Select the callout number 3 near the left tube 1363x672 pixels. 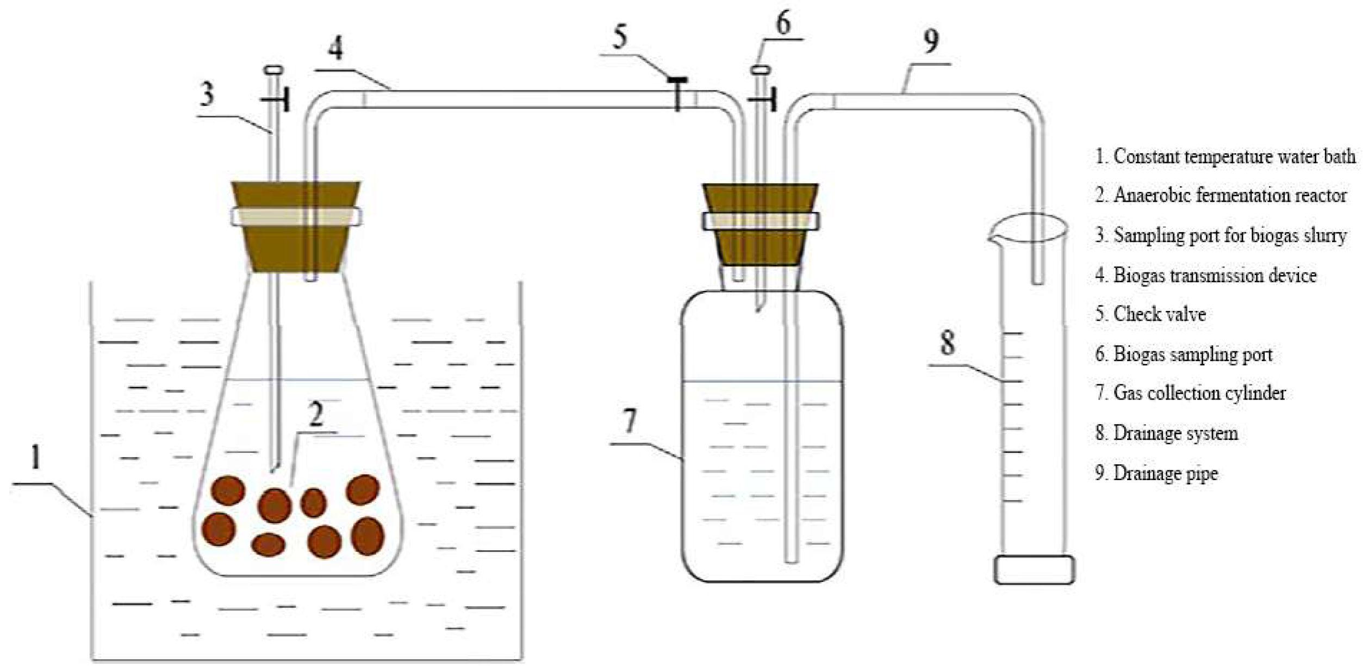207,94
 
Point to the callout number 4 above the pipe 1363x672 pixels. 335,48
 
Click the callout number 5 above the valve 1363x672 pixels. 620,37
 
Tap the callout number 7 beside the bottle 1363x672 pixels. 629,421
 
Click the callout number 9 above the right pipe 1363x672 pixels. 931,41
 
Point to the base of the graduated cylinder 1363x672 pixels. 1034,569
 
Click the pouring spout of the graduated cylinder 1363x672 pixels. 993,237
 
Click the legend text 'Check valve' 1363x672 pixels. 1159,314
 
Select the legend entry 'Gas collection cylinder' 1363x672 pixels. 1199,393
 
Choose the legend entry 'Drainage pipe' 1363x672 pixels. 1165,473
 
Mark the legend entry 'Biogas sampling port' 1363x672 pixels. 1192,354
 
